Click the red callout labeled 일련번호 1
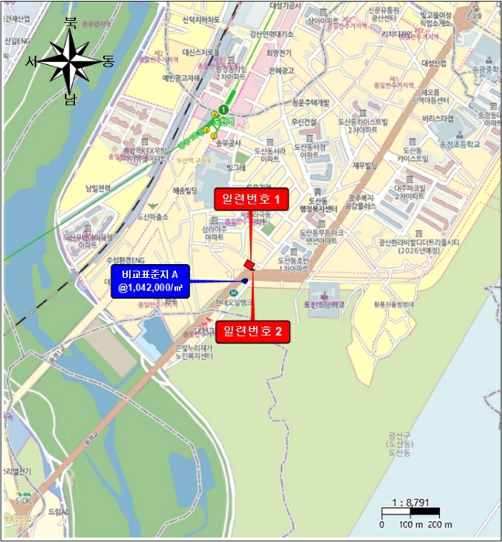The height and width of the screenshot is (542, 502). (x=251, y=200)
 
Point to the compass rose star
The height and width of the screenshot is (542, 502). (x=70, y=62)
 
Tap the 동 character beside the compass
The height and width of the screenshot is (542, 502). (x=108, y=61)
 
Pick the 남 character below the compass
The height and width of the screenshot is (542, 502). (x=70, y=98)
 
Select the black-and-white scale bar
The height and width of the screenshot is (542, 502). (x=411, y=512)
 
